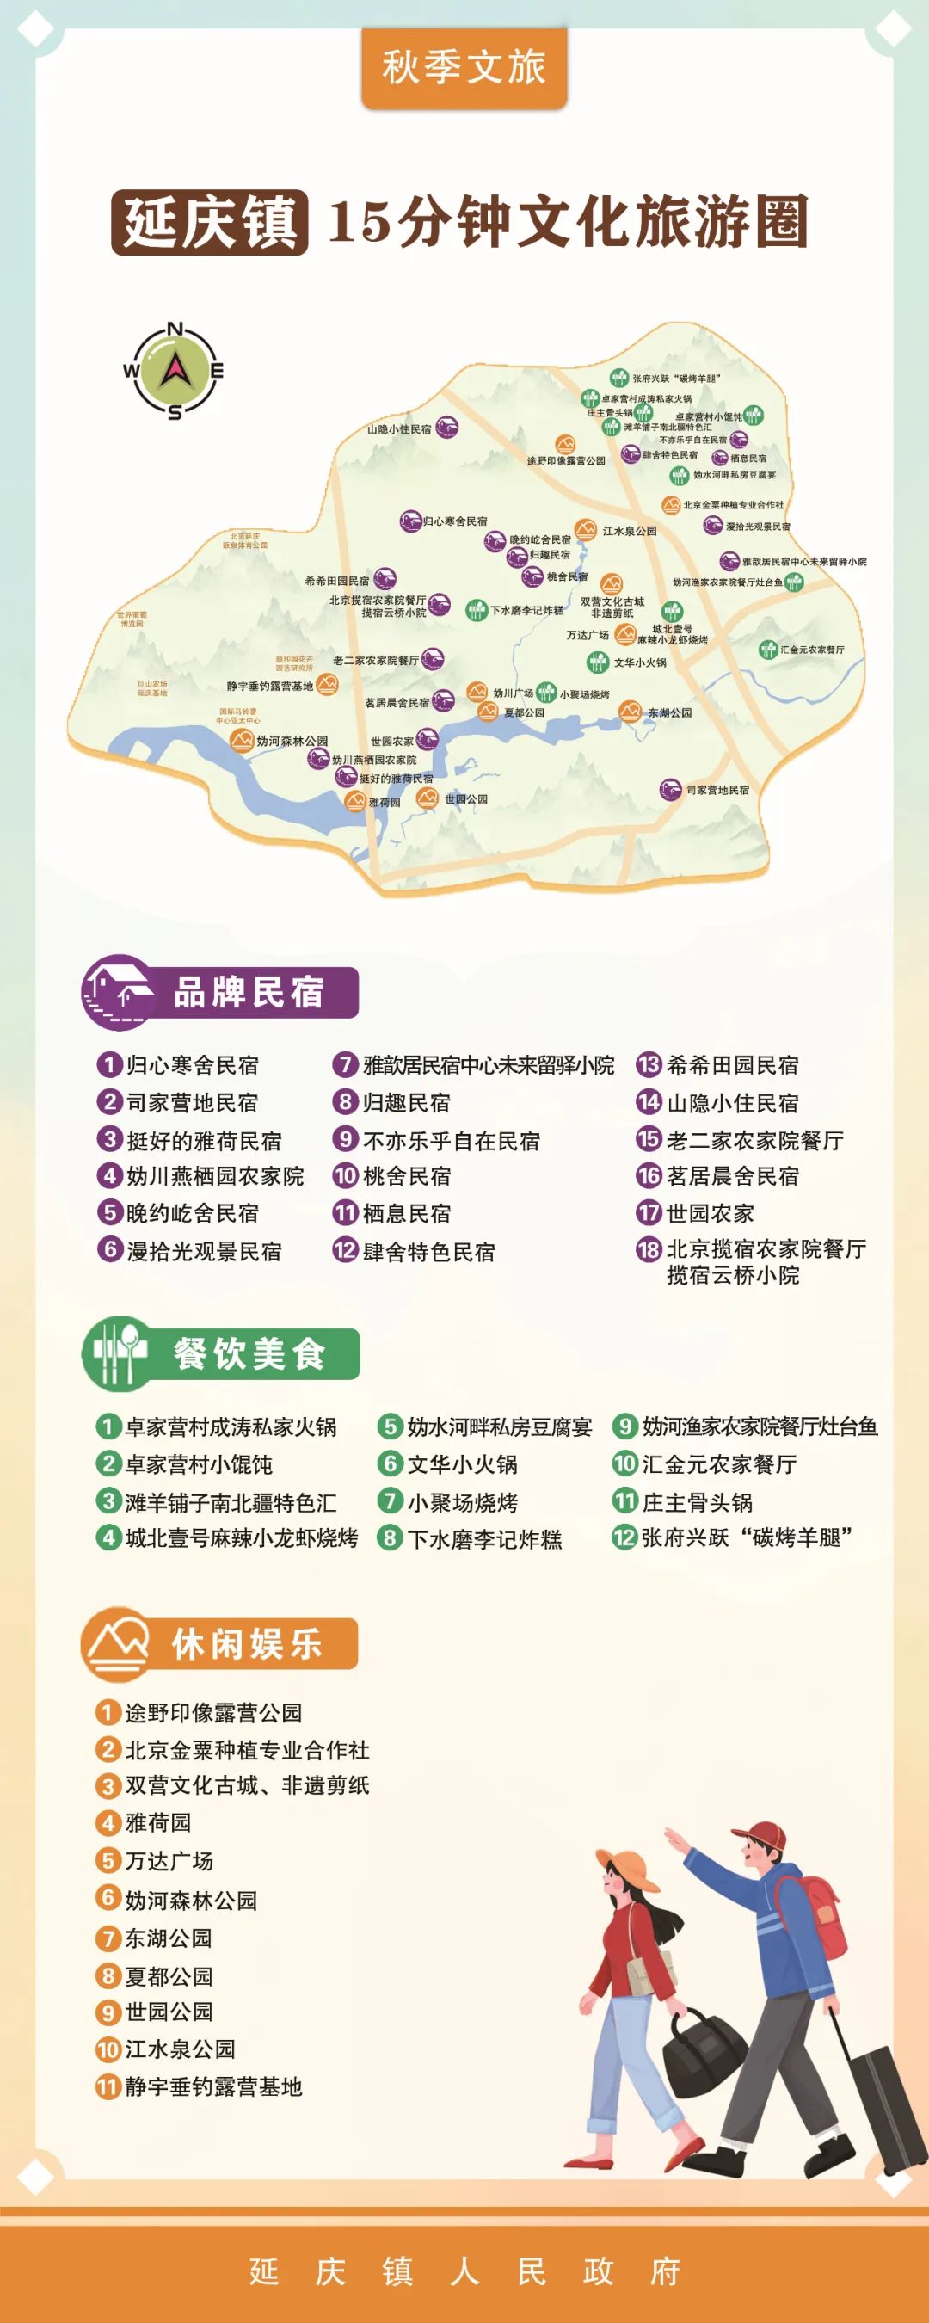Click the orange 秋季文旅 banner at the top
click(464, 68)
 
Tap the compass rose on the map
click(174, 370)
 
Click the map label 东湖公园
click(669, 712)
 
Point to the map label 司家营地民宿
click(717, 790)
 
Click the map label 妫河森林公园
click(292, 741)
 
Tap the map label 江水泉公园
click(630, 531)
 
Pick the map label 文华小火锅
click(639, 662)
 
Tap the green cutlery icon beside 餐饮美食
click(116, 1352)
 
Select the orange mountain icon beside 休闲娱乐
click(116, 1643)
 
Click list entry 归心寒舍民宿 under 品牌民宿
click(191, 1065)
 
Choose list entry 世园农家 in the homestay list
click(709, 1213)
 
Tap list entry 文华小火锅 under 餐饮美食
click(462, 1463)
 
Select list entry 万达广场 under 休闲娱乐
click(169, 1860)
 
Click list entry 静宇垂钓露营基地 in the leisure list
click(212, 2086)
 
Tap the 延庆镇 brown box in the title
click(209, 223)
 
